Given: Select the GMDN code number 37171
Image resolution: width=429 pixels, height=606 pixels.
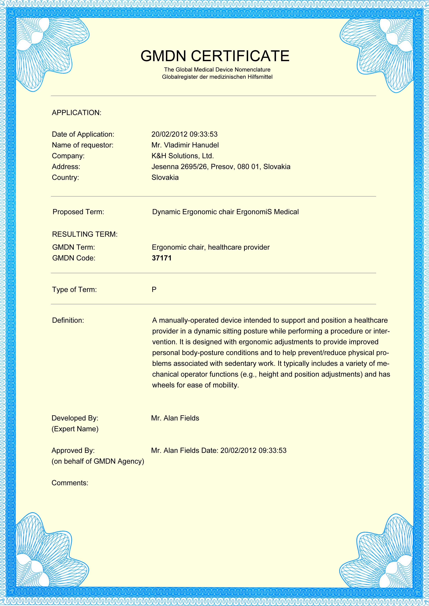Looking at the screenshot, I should pos(162,258).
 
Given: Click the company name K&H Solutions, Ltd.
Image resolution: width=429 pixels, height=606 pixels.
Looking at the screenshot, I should pos(182,156).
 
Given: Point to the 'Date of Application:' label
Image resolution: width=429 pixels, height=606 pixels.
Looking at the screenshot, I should pos(83,134).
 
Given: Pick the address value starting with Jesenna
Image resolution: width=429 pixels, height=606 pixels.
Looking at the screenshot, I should pos(221,167).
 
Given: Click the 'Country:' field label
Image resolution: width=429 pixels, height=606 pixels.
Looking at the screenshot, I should pos(65,177).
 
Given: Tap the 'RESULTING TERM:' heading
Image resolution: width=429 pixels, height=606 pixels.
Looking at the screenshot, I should pos(85,234).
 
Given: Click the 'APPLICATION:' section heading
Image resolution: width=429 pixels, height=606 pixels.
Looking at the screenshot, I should pos(76,113).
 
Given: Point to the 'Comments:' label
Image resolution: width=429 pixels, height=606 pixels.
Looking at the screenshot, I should pos(70,483).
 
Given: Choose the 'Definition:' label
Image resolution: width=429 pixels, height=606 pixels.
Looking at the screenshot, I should pos(68,320).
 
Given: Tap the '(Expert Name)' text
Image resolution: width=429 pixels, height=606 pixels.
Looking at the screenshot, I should pos(75,429).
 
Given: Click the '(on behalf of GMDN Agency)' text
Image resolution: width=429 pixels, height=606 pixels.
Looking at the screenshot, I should pos(98,461).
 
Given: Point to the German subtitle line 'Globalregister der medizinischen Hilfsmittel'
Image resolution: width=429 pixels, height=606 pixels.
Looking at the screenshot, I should pos(217,77).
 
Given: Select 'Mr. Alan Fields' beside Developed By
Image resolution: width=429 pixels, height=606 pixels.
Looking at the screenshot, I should pos(175,418).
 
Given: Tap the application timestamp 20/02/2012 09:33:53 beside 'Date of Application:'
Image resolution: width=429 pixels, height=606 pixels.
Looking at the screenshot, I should pos(184,134).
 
